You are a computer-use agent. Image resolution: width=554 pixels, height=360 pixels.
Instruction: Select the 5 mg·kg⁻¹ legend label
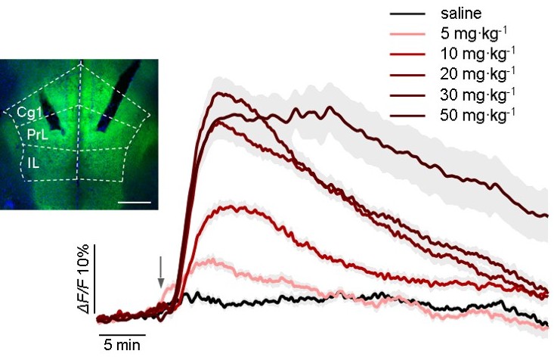478,33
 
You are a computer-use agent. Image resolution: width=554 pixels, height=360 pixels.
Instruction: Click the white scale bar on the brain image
135,202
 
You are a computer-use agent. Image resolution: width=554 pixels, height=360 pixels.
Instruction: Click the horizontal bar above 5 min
121,331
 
